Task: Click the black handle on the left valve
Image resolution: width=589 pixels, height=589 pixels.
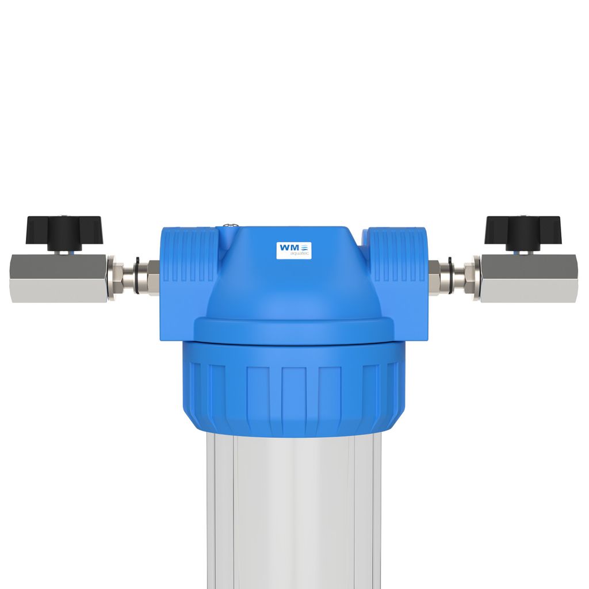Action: [63, 232]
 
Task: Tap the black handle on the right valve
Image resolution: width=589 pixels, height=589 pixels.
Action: [523, 232]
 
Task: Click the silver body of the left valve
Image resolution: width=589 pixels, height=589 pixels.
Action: [58, 278]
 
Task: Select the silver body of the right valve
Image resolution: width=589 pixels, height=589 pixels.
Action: [529, 278]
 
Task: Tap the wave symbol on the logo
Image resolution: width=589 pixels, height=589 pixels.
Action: [305, 247]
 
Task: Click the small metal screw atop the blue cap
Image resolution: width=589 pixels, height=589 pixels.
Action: [229, 226]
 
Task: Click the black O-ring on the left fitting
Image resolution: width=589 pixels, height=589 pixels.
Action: [137, 278]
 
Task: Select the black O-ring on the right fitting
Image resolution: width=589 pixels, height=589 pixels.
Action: [450, 278]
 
